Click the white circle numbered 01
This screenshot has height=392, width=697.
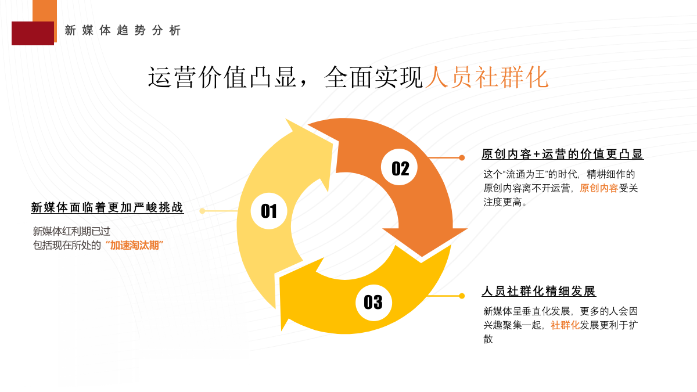[269, 211]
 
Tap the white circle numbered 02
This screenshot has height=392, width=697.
[400, 168]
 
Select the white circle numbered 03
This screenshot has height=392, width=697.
[373, 302]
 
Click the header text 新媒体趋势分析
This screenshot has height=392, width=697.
[123, 31]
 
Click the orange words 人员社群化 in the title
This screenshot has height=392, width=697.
[487, 78]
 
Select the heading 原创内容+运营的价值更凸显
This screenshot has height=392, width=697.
[562, 154]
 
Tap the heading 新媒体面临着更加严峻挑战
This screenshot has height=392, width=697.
[107, 208]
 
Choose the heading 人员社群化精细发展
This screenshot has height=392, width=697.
[538, 292]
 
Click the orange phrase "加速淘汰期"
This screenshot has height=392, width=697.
[134, 245]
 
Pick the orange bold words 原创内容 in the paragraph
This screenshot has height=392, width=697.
[599, 188]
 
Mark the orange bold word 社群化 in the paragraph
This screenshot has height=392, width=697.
[565, 325]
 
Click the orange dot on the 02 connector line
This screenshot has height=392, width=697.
[462, 157]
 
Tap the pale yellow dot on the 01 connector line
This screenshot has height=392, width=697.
[202, 211]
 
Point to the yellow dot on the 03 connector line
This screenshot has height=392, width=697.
[462, 296]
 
